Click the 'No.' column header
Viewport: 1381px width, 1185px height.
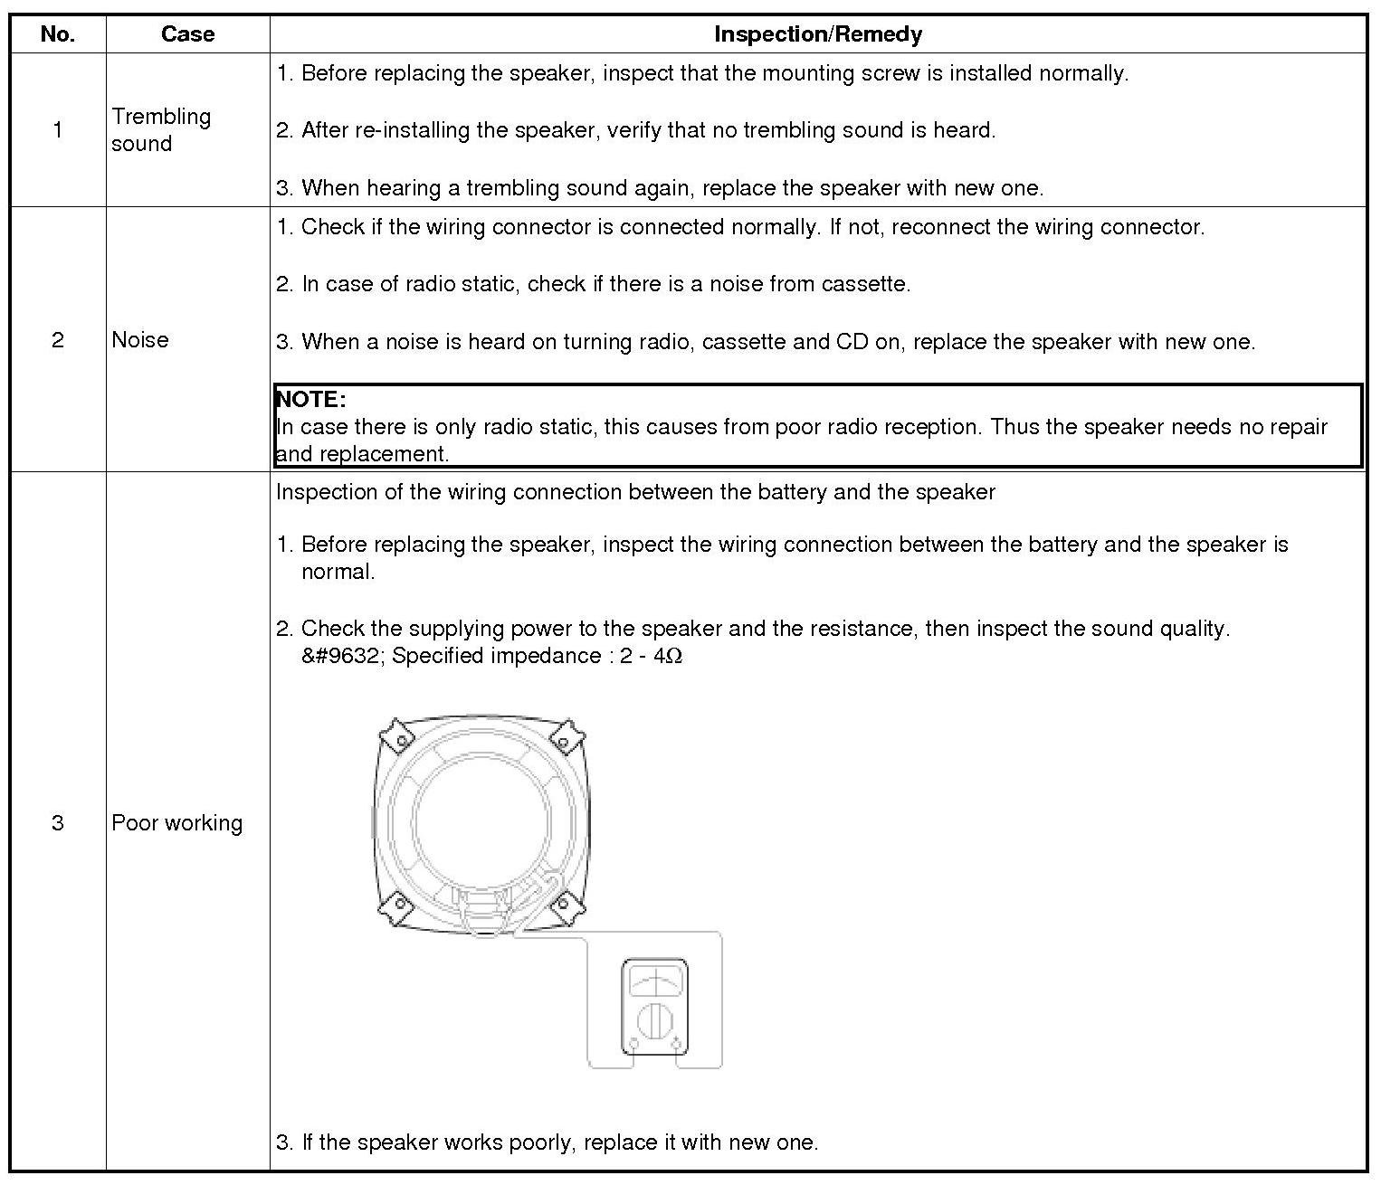(x=58, y=34)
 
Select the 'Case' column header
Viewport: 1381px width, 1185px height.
(x=187, y=34)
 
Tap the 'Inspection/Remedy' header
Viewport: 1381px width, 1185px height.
(x=817, y=34)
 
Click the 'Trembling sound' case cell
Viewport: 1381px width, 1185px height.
(x=161, y=129)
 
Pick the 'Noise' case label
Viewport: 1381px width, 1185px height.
(x=140, y=339)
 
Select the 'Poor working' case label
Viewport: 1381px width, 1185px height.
(x=177, y=822)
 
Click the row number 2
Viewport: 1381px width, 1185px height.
(x=58, y=339)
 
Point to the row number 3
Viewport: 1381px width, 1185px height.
(x=58, y=822)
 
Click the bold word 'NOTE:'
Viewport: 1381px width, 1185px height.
(x=310, y=399)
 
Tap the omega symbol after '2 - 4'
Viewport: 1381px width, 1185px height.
(x=673, y=656)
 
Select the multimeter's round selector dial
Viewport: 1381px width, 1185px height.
(x=654, y=1021)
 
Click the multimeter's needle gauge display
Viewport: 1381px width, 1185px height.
(x=654, y=981)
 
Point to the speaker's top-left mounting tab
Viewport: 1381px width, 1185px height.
(x=396, y=735)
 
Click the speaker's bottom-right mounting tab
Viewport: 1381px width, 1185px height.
(x=566, y=905)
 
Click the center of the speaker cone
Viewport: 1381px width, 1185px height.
(x=481, y=819)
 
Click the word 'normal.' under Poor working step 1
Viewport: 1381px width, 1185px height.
(x=338, y=572)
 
